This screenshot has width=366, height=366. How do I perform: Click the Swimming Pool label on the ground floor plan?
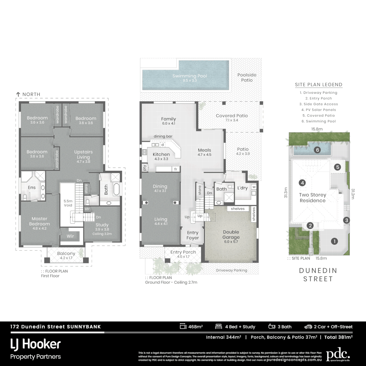click(189, 76)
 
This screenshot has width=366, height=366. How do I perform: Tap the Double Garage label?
click(231, 235)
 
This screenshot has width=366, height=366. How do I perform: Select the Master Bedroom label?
click(39, 221)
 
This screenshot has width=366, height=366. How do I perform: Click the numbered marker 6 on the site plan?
click(317, 150)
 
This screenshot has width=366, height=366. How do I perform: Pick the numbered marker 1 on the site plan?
click(334, 241)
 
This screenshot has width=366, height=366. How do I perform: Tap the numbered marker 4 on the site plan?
click(302, 183)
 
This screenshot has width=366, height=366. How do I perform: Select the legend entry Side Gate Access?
click(319, 104)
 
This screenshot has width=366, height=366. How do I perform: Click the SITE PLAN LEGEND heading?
click(319, 85)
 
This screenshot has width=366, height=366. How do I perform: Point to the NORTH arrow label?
click(28, 94)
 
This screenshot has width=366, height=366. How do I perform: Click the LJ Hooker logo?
click(36, 344)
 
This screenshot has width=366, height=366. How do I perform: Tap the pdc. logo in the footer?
click(338, 355)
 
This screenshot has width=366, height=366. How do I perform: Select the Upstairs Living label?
click(83, 155)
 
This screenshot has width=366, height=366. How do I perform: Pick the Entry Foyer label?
click(192, 235)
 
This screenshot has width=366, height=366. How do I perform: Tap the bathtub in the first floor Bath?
click(116, 189)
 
